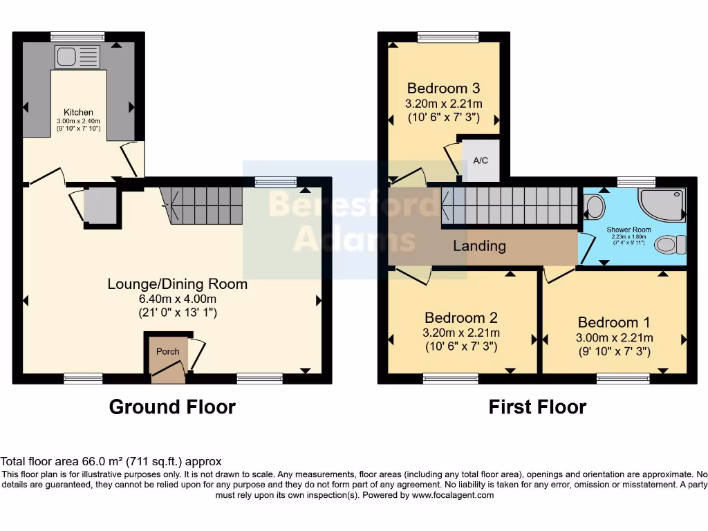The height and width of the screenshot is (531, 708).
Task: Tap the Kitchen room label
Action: (x=78, y=113)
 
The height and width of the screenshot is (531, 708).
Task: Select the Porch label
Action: (x=167, y=351)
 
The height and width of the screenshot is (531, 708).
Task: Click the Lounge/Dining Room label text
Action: (x=177, y=284)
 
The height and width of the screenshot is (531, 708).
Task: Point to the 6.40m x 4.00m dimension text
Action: (x=177, y=299)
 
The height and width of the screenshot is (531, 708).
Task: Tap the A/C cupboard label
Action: (x=481, y=160)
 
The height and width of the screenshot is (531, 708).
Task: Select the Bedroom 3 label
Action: (x=443, y=88)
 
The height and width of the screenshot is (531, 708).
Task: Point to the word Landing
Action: (x=479, y=245)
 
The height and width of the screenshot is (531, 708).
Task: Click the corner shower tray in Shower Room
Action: (x=662, y=205)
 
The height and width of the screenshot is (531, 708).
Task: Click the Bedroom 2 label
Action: (x=461, y=318)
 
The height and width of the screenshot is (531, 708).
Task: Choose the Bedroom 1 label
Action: (x=614, y=322)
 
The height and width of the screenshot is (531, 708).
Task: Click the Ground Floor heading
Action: (x=172, y=407)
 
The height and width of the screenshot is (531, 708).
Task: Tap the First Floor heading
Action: (x=537, y=407)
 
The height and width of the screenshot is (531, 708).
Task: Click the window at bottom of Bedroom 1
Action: (x=623, y=378)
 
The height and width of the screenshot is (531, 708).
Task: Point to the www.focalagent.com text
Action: (x=452, y=495)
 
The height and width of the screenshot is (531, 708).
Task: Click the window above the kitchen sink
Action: (x=77, y=37)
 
